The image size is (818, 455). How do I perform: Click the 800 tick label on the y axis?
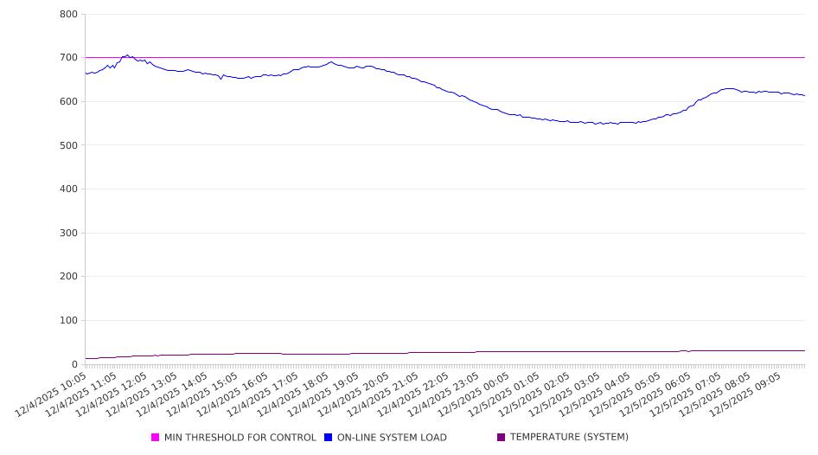(69, 15)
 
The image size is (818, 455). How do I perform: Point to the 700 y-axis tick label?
(69, 58)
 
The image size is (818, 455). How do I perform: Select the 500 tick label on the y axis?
(69, 145)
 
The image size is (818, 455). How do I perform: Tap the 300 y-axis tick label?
(69, 234)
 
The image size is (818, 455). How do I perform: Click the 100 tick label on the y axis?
(69, 321)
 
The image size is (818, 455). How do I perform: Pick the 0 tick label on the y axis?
(74, 365)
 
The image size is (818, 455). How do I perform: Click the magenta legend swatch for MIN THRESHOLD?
(156, 438)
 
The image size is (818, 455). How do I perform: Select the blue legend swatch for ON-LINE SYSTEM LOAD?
(329, 438)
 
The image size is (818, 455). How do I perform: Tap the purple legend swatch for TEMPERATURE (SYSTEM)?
(502, 438)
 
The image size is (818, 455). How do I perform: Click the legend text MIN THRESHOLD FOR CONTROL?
(240, 438)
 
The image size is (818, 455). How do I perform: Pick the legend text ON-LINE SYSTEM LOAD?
(392, 438)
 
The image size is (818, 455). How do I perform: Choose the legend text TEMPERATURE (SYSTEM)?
(569, 438)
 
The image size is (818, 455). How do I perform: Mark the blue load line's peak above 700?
(127, 55)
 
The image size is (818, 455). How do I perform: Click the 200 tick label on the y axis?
(69, 277)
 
